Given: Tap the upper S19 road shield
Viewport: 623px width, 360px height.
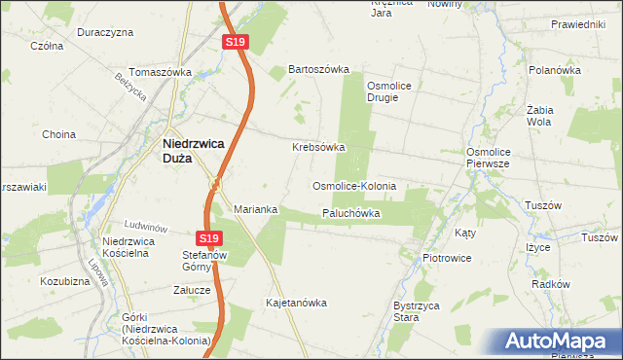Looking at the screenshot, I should (234, 43).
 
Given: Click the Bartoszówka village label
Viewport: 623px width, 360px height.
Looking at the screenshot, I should (317, 70).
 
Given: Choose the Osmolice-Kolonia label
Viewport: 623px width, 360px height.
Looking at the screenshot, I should (353, 185).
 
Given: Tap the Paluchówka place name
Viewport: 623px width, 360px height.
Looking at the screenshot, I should (349, 213).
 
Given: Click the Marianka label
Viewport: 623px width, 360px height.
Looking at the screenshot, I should (256, 209).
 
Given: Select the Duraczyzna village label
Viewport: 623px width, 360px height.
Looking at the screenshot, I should (105, 32).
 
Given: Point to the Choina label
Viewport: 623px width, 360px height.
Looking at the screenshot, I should (57, 134).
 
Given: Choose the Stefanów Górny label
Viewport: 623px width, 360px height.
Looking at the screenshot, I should (204, 261).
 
